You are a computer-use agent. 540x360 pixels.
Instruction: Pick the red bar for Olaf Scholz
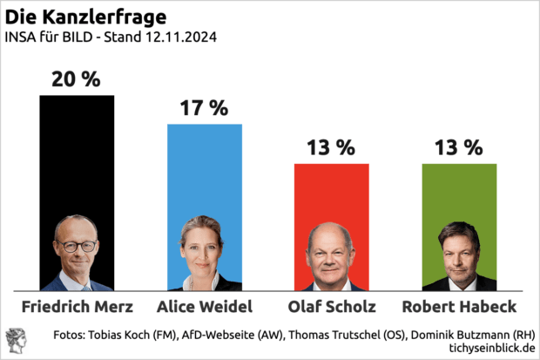click(332, 192)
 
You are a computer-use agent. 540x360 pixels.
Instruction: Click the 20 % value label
click(77, 79)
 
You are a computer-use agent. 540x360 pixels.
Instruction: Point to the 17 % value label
click(205, 109)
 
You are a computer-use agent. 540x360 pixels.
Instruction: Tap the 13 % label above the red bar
click(332, 148)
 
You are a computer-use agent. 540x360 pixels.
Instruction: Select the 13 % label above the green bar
click(459, 148)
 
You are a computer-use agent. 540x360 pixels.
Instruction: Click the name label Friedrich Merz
click(77, 307)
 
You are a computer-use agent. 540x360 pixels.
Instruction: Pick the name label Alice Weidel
click(205, 307)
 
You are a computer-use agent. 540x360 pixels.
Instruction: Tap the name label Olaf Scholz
click(332, 307)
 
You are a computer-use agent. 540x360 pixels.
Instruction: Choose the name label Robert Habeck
click(459, 307)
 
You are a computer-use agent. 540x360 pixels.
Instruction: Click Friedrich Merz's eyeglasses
click(77, 246)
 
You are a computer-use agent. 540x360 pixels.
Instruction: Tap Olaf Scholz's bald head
click(331, 233)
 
